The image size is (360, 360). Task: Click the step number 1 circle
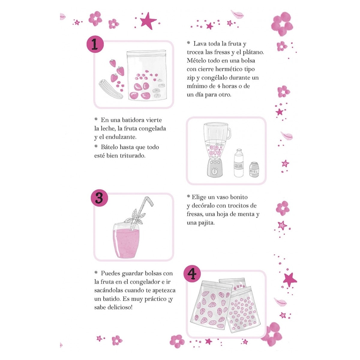pos(94,45)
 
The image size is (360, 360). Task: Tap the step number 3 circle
pos(99,198)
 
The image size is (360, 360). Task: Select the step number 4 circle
pos(192,274)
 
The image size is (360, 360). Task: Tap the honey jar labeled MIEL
pos(254,169)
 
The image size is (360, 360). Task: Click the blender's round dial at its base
pos(214,171)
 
